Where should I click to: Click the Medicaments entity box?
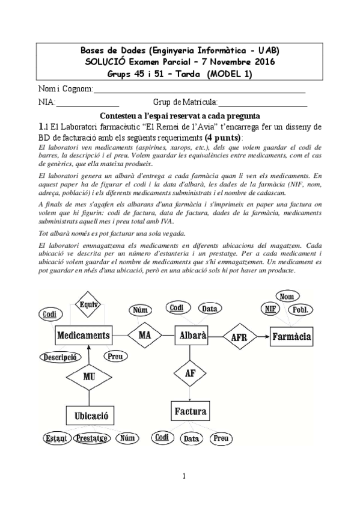[84, 335]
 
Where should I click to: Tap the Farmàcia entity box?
[291, 336]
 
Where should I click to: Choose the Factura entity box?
[191, 412]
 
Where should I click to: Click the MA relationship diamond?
[144, 334]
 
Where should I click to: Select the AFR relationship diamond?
[239, 337]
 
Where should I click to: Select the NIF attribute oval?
[270, 309]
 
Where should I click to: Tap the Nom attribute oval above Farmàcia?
[286, 296]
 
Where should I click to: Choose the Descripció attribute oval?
[59, 357]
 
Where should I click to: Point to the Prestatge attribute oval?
[92, 438]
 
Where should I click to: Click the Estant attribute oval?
[56, 438]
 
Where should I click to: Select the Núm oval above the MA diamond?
[139, 310]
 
